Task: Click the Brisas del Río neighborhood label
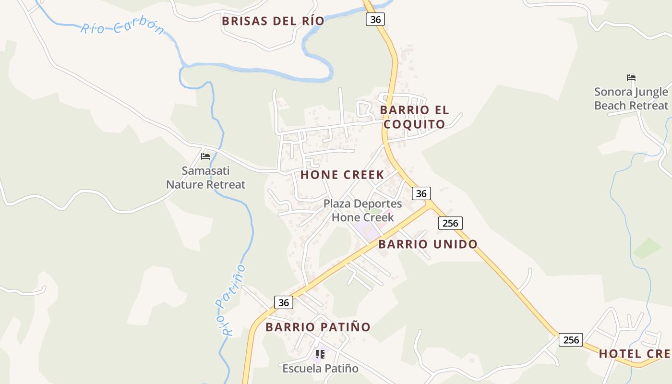(273, 21)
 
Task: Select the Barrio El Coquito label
(414, 117)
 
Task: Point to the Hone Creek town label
(342, 175)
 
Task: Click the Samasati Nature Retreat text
(205, 178)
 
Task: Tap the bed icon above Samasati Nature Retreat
(205, 156)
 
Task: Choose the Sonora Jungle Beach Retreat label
(631, 98)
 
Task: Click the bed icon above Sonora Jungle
(631, 78)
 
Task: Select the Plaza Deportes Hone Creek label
(362, 210)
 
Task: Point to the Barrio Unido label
(428, 244)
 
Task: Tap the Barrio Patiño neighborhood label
(318, 327)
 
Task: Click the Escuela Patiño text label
(320, 369)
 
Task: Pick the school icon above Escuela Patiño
(320, 354)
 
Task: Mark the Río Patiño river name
(231, 300)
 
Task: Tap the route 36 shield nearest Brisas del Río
(375, 19)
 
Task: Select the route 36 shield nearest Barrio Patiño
(284, 302)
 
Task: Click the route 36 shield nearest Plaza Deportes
(421, 193)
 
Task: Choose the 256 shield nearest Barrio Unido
(450, 223)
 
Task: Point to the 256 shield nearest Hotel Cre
(571, 340)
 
